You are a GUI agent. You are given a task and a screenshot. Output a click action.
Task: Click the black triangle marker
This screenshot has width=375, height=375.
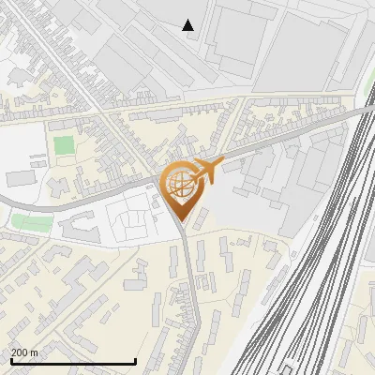click(x=188, y=25)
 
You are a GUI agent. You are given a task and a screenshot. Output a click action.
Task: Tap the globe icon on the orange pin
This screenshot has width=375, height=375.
click(x=181, y=184)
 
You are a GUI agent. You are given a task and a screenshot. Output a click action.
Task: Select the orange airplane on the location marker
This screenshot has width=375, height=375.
click(x=207, y=170)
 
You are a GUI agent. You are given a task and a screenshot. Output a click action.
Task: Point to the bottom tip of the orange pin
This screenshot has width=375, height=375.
click(x=181, y=222)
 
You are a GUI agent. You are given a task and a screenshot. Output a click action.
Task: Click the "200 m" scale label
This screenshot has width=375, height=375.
click(x=25, y=352)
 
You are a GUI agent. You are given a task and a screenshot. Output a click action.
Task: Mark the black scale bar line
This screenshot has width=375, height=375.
click(x=73, y=361)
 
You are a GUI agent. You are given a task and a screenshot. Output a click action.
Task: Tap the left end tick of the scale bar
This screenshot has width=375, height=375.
click(x=10, y=360)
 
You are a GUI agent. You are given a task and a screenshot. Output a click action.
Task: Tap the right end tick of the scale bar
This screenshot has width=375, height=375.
click(x=136, y=360)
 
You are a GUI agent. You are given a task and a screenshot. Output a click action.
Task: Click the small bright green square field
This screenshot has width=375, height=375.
click(x=64, y=145)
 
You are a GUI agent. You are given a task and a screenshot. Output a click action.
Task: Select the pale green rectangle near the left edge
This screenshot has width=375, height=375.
click(x=31, y=223)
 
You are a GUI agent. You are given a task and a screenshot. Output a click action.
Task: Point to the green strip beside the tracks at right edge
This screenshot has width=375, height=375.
click(x=368, y=84)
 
